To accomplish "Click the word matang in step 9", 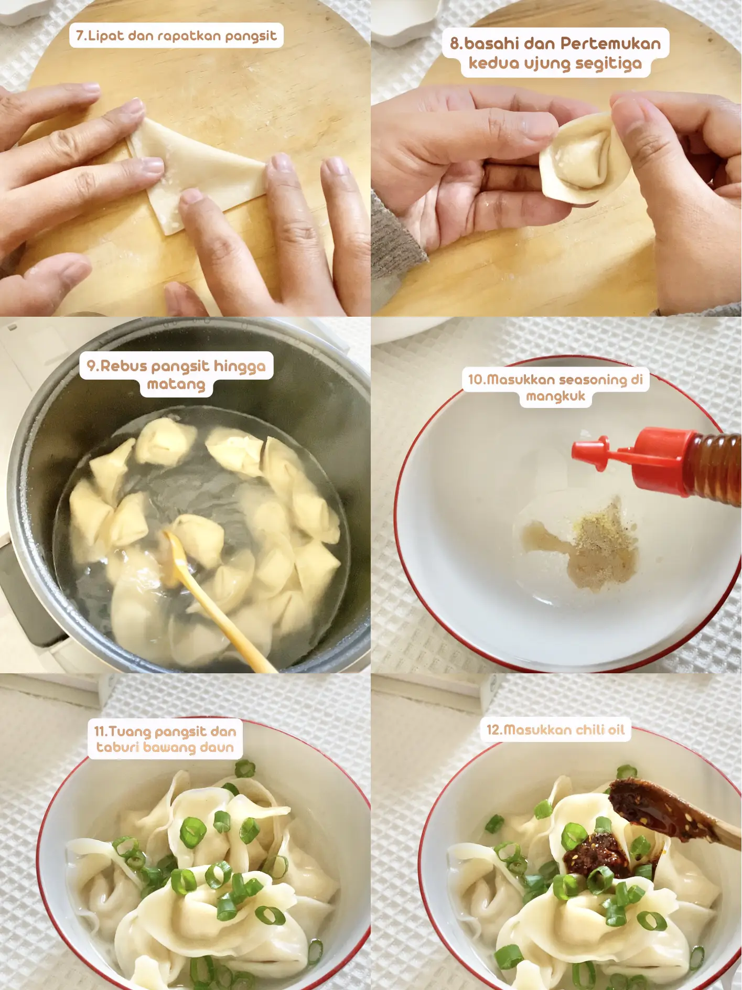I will point(176,384).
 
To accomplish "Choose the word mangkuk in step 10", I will point(555,396).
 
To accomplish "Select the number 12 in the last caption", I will point(493,730).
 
